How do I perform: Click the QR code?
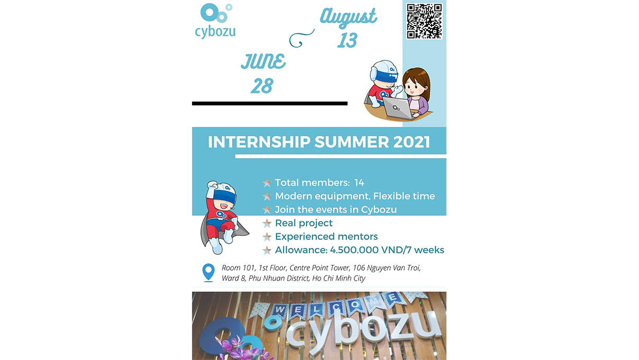424,21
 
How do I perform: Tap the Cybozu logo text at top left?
215,32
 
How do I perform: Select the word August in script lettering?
349,17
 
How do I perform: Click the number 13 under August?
347,40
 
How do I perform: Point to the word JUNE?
263,61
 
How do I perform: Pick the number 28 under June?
262,86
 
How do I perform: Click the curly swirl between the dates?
302,38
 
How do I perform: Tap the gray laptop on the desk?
398,108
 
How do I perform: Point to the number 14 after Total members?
359,182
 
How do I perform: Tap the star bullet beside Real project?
267,223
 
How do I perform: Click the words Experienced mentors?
326,237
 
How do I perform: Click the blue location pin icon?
208,272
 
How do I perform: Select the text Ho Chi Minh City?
339,278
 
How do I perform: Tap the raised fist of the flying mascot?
212,185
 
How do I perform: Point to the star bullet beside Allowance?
267,250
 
